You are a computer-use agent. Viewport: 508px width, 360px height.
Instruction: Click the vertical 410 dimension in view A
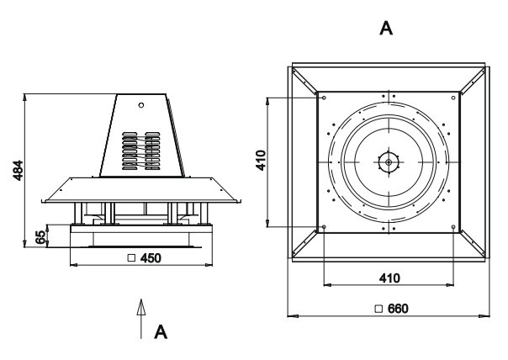pyautogui.click(x=262, y=161)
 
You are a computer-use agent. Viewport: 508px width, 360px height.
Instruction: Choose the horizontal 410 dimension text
pyautogui.click(x=388, y=278)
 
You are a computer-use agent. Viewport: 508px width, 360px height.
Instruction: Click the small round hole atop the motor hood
pyautogui.click(x=141, y=105)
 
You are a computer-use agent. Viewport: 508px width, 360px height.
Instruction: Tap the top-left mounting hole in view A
pyautogui.click(x=325, y=97)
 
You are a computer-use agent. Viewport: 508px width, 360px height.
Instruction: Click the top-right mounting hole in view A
pyautogui.click(x=453, y=97)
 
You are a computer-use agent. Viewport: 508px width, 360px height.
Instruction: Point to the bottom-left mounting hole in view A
pyautogui.click(x=325, y=227)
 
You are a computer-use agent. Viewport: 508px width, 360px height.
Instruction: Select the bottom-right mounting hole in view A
pyautogui.click(x=453, y=227)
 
